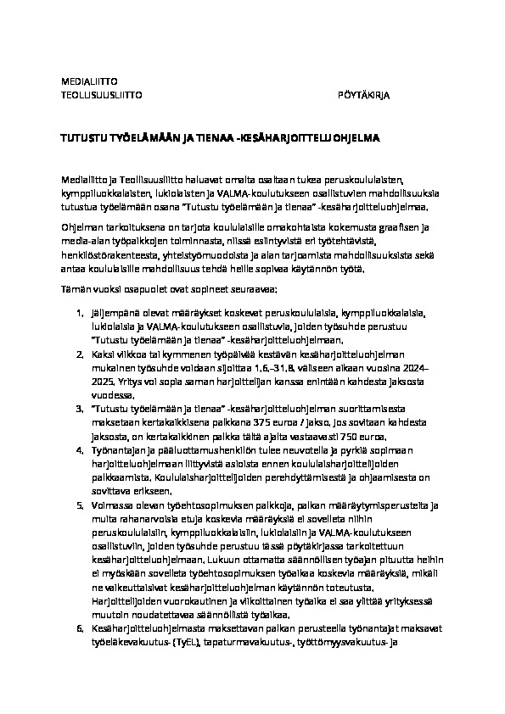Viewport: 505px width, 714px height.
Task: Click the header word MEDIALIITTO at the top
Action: pos(88,82)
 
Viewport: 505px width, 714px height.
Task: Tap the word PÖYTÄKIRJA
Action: pos(363,96)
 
